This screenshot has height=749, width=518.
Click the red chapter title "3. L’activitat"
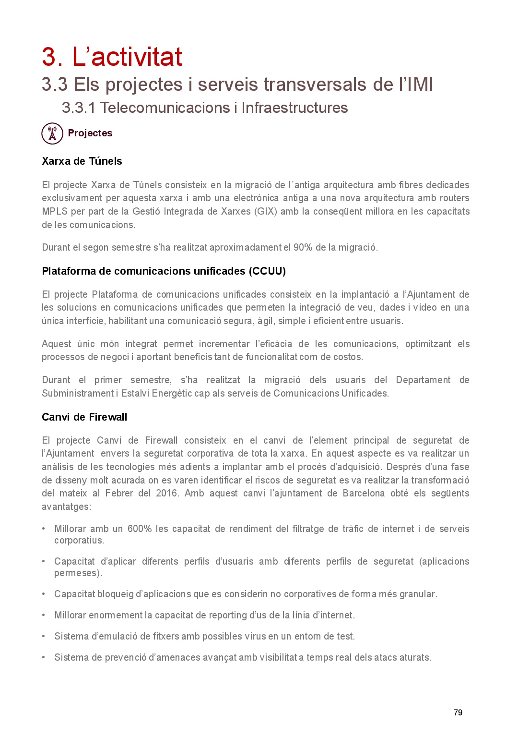point(112,57)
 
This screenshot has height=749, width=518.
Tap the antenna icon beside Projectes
point(52,133)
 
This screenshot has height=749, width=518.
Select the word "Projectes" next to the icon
point(90,133)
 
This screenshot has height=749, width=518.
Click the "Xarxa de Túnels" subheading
point(82,161)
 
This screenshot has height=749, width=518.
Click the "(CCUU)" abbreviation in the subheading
point(267,271)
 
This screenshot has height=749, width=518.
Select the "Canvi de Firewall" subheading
point(84,417)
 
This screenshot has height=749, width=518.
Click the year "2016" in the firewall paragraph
point(166,493)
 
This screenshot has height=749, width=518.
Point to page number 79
point(458,713)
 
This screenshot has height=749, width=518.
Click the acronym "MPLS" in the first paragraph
point(55,211)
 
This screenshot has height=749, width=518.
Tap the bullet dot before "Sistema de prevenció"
point(44,657)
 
